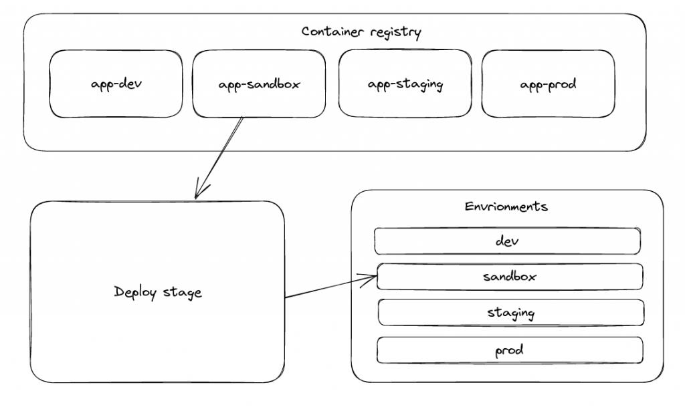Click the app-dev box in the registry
pyautogui.click(x=116, y=84)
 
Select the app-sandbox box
pyautogui.click(x=260, y=84)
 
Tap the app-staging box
pyautogui.click(x=405, y=84)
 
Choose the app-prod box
pyautogui.click(x=548, y=84)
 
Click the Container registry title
pyautogui.click(x=361, y=32)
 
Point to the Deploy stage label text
pyautogui.click(x=158, y=292)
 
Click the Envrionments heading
pyautogui.click(x=506, y=206)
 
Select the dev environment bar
pyautogui.click(x=507, y=241)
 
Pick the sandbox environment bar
pyautogui.click(x=510, y=276)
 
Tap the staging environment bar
pyautogui.click(x=510, y=312)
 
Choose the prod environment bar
pyautogui.click(x=510, y=350)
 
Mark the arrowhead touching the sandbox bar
pyautogui.click(x=372, y=277)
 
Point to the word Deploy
pyautogui.click(x=136, y=292)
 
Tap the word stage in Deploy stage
pyautogui.click(x=182, y=293)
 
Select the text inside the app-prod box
pyautogui.click(x=548, y=85)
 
